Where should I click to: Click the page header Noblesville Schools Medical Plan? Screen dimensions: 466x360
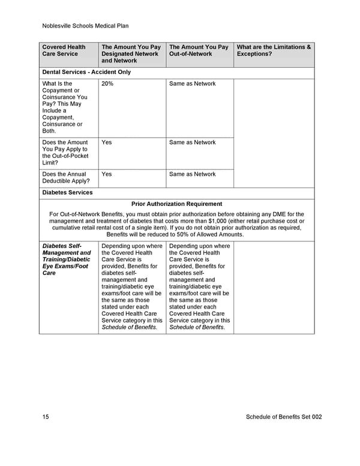coord(86,26)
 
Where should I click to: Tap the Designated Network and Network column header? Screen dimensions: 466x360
coord(131,53)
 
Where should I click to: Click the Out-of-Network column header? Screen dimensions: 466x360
coord(199,50)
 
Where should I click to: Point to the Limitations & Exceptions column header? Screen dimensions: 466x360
coord(274,50)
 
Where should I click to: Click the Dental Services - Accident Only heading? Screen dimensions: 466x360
coord(86,72)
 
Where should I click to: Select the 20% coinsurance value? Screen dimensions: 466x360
coord(107,84)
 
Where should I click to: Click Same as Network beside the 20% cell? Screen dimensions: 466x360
coord(192,84)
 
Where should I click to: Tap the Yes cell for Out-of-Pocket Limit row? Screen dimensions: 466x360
coord(107,142)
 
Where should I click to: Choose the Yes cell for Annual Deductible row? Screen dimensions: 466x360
coord(107,174)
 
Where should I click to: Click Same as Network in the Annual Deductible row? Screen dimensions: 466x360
coord(192,174)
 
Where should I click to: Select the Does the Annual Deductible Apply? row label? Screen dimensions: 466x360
coord(64,178)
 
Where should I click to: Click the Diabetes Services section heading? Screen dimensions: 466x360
coord(67,193)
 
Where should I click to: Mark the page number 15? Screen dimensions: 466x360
coord(46,417)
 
